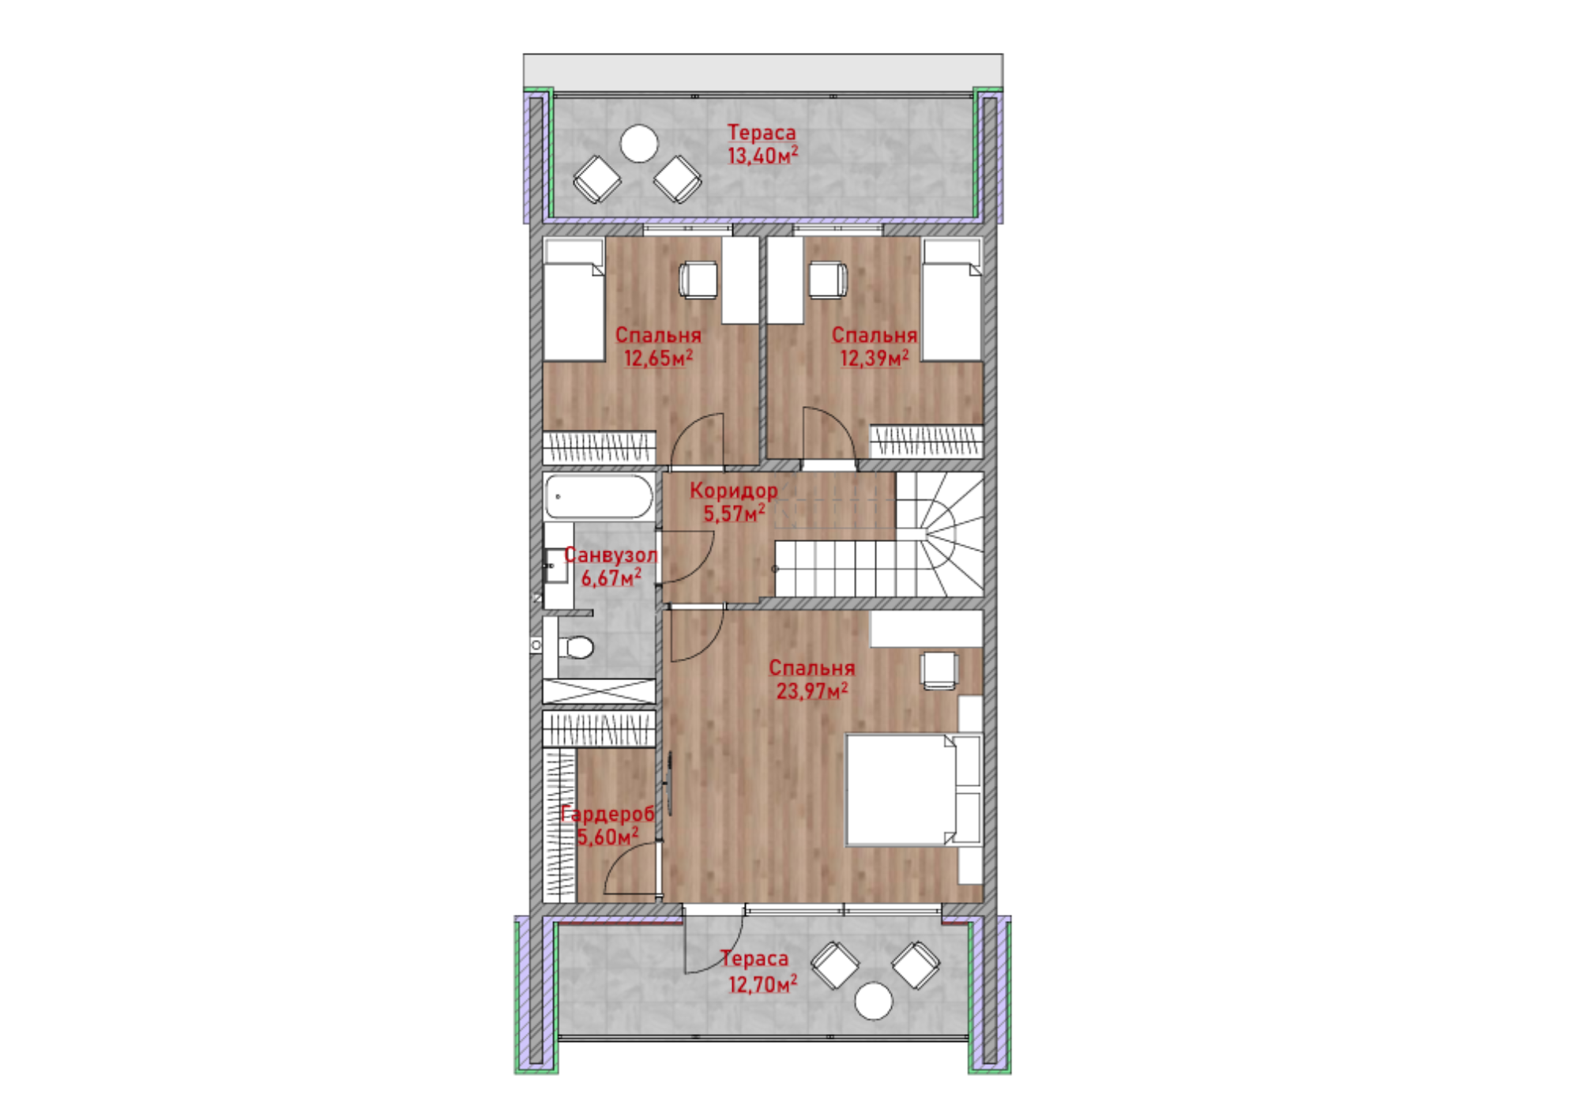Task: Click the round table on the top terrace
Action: (x=639, y=144)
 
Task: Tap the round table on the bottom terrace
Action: (x=874, y=1001)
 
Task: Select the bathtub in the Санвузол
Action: (x=599, y=496)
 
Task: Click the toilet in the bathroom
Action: (x=576, y=648)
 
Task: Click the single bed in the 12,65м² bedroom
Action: (x=574, y=300)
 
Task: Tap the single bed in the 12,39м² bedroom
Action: (x=952, y=300)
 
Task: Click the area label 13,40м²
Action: (x=762, y=156)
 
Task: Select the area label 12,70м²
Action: (x=762, y=984)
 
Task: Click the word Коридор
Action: (x=734, y=491)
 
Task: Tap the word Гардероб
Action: (x=608, y=814)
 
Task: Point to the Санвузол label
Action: (x=611, y=555)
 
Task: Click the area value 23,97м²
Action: (x=812, y=691)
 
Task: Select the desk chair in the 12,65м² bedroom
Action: (x=698, y=280)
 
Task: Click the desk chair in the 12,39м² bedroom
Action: (x=828, y=280)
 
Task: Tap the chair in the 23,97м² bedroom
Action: (x=939, y=670)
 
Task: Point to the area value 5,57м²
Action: (x=735, y=513)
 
